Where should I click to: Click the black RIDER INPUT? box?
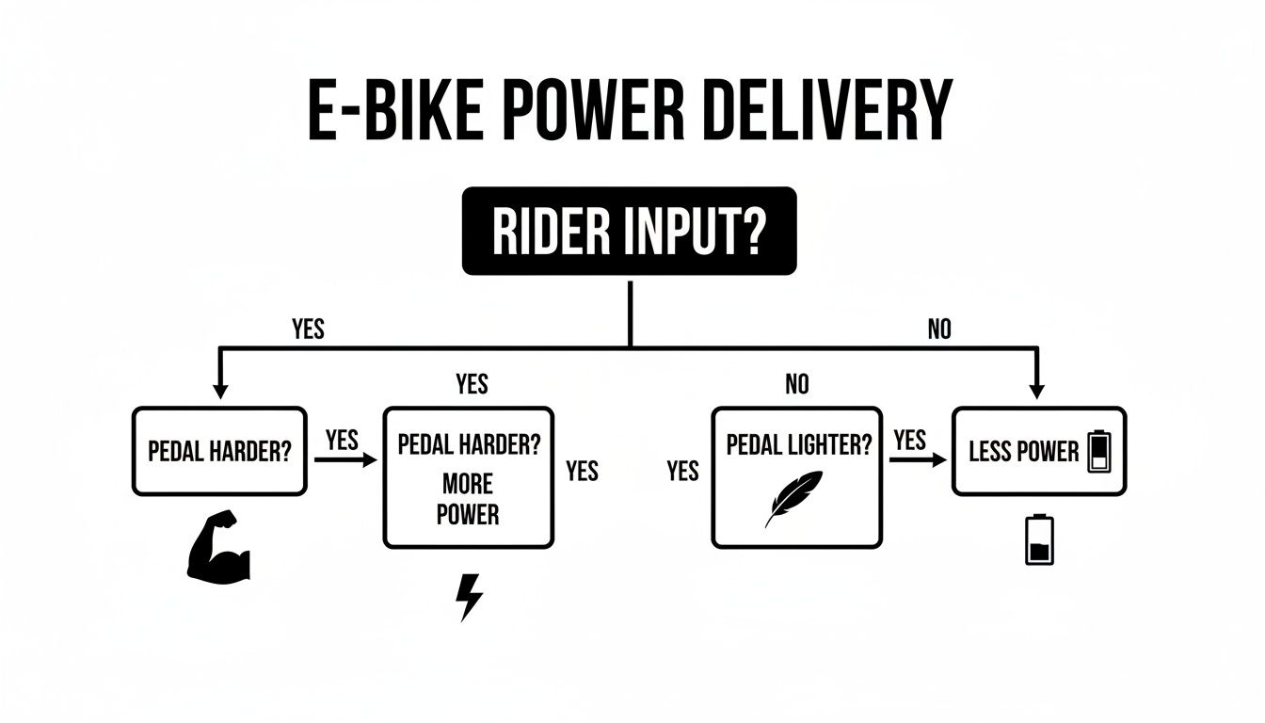tap(629, 231)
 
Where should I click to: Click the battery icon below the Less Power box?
tap(1040, 539)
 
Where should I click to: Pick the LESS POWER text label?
tap(1023, 452)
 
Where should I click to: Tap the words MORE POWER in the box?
tap(468, 500)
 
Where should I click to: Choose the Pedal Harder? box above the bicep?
tap(219, 451)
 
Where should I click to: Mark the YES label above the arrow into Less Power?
tap(909, 440)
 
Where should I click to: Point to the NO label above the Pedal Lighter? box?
tap(796, 383)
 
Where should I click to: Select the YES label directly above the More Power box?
tap(472, 383)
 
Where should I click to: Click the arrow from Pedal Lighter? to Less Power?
tap(918, 460)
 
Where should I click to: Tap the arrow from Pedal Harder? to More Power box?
tap(345, 460)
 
